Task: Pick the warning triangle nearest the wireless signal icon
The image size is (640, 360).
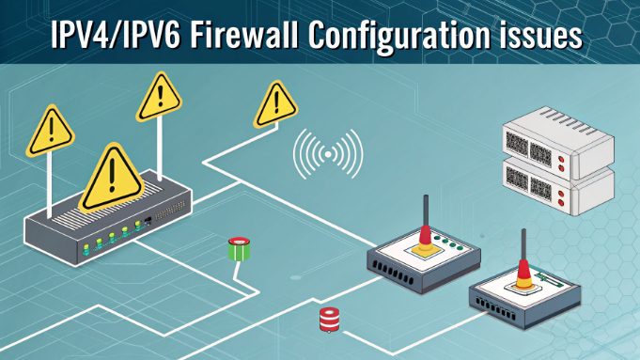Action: click(x=275, y=100)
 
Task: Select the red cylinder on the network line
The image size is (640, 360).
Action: click(x=328, y=320)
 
